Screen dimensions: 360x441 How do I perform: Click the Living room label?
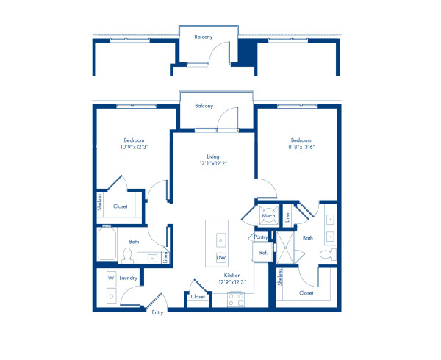pyautogui.click(x=213, y=156)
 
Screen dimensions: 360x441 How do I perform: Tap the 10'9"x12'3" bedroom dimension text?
pyautogui.click(x=134, y=147)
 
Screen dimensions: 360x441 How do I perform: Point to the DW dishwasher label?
pyautogui.click(x=220, y=257)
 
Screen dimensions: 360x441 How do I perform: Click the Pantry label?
pyautogui.click(x=260, y=237)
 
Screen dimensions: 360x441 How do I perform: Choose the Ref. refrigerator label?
pyautogui.click(x=262, y=253)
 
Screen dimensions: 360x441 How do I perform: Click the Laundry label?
pyautogui.click(x=129, y=278)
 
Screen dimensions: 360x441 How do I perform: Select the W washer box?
pyautogui.click(x=110, y=278)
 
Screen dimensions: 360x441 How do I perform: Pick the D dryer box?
pyautogui.click(x=110, y=295)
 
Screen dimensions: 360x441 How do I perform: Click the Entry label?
pyautogui.click(x=157, y=313)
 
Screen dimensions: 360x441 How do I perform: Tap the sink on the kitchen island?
pyautogui.click(x=220, y=240)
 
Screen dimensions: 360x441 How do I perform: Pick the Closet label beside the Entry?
pyautogui.click(x=197, y=297)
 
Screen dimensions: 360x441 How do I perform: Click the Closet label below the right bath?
pyautogui.click(x=306, y=292)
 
